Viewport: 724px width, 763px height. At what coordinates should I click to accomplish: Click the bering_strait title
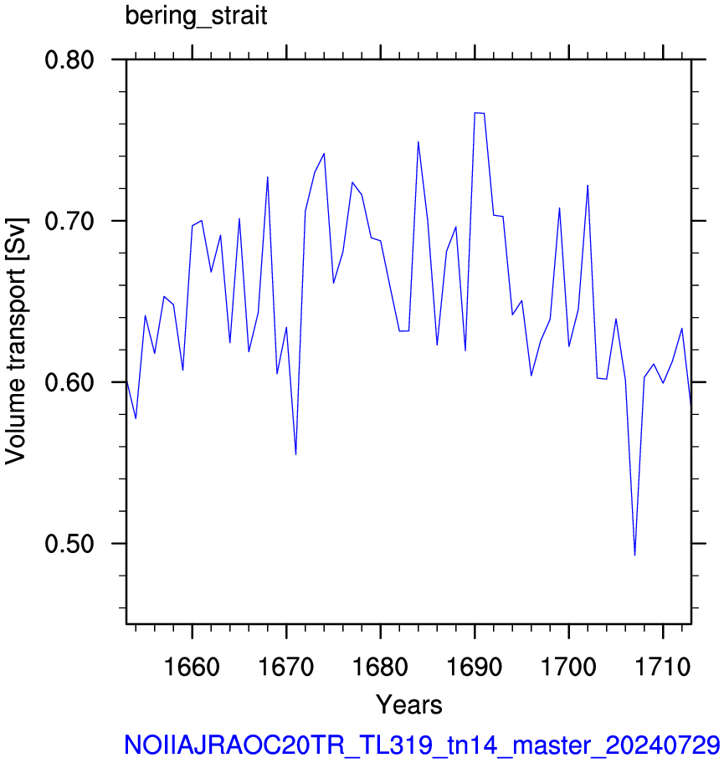(196, 16)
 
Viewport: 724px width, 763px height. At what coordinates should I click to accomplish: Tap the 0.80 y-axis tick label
(69, 60)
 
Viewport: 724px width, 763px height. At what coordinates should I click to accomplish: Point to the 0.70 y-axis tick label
(69, 222)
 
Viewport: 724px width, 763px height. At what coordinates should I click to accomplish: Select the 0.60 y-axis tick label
(69, 382)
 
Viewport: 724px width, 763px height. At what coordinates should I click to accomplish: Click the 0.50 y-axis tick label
(69, 544)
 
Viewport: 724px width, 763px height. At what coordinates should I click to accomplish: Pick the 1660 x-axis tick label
(193, 667)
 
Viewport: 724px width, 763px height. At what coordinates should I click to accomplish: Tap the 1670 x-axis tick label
(286, 667)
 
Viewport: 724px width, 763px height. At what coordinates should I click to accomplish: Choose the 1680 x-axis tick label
(380, 667)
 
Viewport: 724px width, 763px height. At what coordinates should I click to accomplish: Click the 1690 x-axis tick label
(475, 667)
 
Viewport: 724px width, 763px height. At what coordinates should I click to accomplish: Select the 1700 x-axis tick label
(568, 667)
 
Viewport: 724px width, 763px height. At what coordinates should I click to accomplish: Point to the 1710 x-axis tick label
(663, 667)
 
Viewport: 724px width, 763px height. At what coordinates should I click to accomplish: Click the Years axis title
(409, 704)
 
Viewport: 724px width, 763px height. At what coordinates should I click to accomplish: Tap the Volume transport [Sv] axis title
(16, 341)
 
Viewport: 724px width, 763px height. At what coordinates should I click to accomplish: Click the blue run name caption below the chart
(422, 745)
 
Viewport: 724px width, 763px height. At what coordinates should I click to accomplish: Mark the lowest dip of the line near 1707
(635, 556)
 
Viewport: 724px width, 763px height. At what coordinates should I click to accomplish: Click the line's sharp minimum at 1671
(296, 454)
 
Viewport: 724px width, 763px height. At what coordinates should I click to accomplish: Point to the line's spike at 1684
(418, 141)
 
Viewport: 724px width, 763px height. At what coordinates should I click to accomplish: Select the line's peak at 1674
(324, 153)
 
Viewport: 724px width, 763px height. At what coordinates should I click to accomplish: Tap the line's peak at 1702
(588, 186)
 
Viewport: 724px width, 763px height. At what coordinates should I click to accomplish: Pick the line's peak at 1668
(268, 177)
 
